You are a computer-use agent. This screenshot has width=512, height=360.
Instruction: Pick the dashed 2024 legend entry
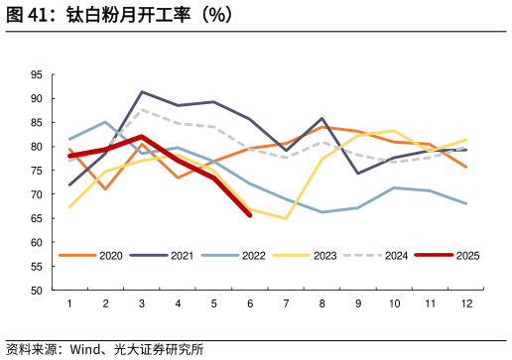(376, 255)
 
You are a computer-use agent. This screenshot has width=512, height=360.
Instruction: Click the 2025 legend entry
(448, 255)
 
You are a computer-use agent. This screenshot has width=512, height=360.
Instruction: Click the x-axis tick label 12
(466, 303)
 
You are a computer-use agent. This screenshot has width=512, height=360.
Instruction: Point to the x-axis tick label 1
(69, 303)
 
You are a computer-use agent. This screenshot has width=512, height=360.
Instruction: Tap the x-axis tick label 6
(249, 303)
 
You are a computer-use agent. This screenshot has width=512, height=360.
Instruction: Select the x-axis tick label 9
(357, 303)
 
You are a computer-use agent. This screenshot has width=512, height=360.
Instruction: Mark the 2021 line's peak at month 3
(142, 92)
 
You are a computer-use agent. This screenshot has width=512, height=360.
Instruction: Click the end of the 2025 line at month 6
(249, 215)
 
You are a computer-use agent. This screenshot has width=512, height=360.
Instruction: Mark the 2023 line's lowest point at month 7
(286, 218)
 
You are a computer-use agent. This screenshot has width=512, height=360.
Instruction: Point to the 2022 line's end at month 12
(466, 203)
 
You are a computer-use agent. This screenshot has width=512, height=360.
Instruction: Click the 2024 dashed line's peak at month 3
(142, 109)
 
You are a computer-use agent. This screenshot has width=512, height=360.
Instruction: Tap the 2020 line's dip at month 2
(105, 189)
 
